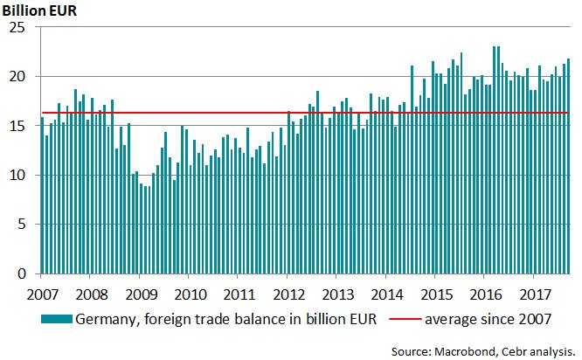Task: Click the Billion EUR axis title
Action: (40, 10)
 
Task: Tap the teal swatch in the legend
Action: (57, 320)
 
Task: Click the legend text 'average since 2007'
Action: (488, 320)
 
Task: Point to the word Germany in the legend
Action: (107, 320)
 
